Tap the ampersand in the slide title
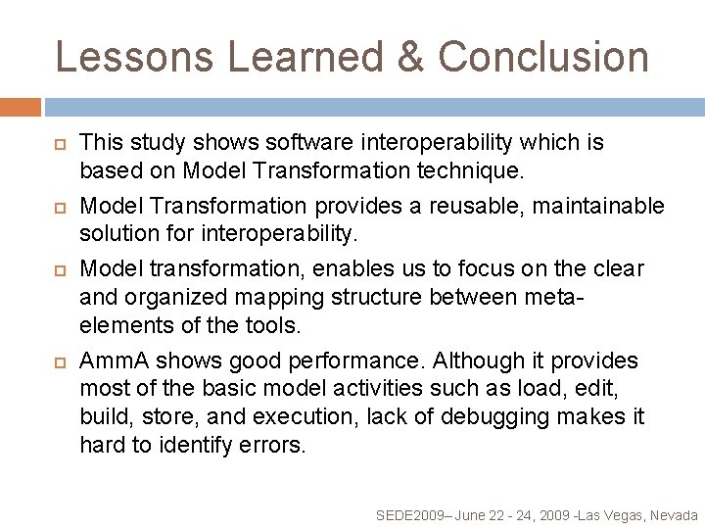[x=412, y=57]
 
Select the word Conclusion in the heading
[x=543, y=57]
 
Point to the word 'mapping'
[x=301, y=297]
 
